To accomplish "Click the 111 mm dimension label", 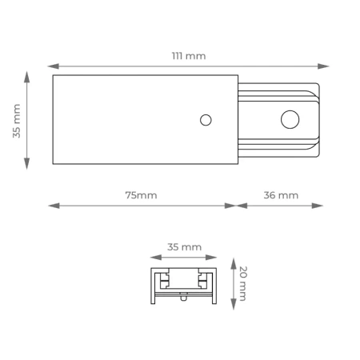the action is [189, 56].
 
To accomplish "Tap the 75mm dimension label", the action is [141, 195].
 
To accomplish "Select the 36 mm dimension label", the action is [281, 195].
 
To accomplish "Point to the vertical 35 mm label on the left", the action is [17, 121].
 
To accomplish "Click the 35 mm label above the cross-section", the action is [184, 247].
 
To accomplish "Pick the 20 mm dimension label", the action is [243, 283].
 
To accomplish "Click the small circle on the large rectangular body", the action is [206, 120].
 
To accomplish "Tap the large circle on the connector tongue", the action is [290, 119].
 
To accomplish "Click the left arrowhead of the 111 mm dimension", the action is [54, 66].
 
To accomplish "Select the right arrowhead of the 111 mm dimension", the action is [323, 66].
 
